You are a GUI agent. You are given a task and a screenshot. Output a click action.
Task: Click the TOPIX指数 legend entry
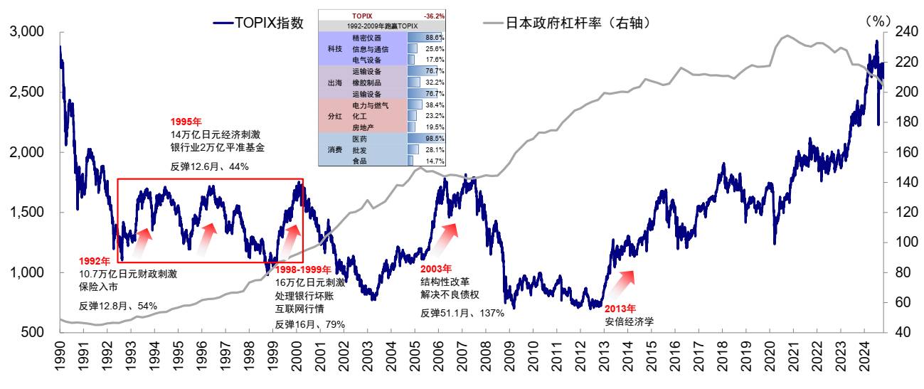(259, 23)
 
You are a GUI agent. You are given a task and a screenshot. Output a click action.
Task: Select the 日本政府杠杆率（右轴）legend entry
(568, 23)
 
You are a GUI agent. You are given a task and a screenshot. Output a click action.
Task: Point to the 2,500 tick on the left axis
(27, 92)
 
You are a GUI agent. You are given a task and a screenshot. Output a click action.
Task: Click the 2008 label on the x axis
(486, 358)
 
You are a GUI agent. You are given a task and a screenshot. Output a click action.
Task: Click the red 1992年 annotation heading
(94, 261)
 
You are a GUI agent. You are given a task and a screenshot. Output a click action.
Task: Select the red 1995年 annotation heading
(186, 122)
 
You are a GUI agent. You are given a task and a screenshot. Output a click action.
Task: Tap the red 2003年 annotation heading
(435, 269)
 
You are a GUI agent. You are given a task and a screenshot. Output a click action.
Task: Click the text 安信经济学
(629, 321)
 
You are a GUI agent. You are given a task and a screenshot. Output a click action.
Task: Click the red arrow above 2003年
(446, 237)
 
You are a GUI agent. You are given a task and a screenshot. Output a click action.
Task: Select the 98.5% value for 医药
(435, 139)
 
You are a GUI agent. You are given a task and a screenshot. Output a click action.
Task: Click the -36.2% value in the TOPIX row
(434, 15)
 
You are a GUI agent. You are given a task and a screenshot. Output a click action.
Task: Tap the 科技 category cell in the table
(334, 48)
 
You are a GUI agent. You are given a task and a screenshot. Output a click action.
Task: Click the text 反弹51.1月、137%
(462, 314)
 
